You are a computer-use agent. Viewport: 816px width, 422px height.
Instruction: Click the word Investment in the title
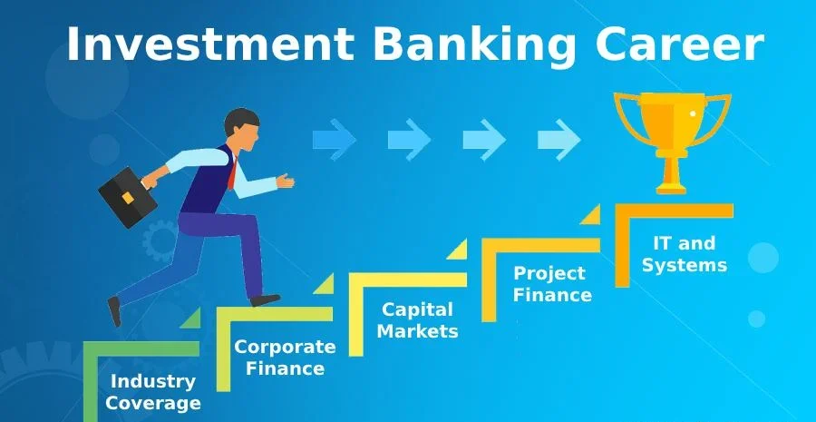click(x=210, y=44)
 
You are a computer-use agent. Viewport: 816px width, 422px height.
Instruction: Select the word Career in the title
click(x=680, y=44)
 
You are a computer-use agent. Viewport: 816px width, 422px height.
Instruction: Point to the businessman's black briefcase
click(x=128, y=196)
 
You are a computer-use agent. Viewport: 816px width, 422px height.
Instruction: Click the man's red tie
click(x=232, y=172)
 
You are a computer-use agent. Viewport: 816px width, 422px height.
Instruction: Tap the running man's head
click(x=242, y=129)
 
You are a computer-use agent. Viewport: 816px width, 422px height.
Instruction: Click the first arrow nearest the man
click(x=334, y=139)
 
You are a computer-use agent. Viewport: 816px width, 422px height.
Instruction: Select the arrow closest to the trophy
click(x=559, y=139)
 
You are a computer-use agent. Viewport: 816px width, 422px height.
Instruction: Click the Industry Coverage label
click(x=153, y=392)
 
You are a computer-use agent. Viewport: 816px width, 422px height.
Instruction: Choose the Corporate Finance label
click(x=285, y=358)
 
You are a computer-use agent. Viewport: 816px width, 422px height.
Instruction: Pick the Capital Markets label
click(x=417, y=319)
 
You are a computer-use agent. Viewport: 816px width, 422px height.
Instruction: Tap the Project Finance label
click(x=552, y=284)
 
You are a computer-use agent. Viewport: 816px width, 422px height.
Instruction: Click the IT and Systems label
click(x=685, y=254)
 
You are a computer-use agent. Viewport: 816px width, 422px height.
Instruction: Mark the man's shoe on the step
click(x=266, y=300)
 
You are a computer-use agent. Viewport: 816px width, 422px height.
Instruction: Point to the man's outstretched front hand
click(x=286, y=181)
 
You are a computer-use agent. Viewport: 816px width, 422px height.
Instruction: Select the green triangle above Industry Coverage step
click(x=192, y=319)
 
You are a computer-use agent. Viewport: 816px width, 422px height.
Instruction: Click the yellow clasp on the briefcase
click(x=128, y=198)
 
